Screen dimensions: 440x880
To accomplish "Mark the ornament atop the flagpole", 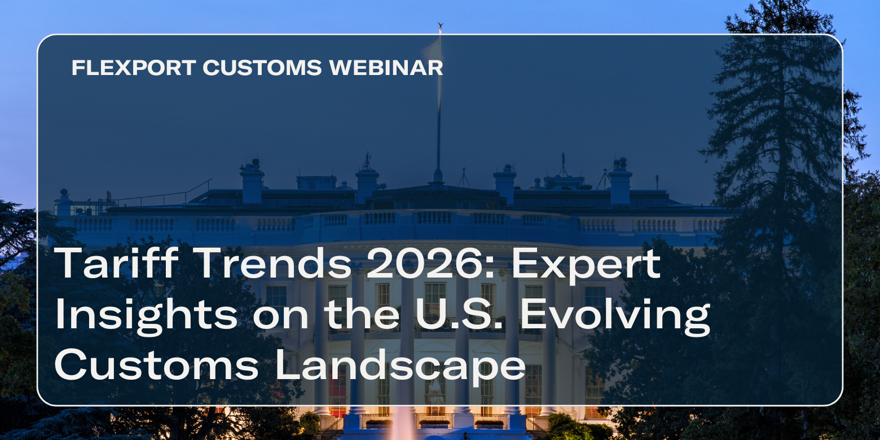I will (440, 25).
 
